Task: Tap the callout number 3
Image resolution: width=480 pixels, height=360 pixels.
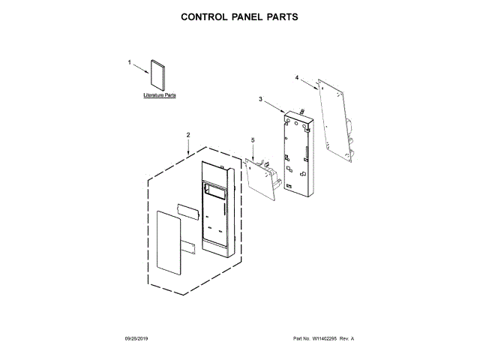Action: pyautogui.click(x=260, y=99)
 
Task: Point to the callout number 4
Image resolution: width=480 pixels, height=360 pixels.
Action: pyautogui.click(x=296, y=77)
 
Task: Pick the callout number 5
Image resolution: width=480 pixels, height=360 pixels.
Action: pyautogui.click(x=253, y=139)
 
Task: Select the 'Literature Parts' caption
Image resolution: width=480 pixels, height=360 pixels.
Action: pyautogui.click(x=159, y=97)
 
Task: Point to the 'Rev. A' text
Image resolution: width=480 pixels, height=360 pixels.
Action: pyautogui.click(x=346, y=339)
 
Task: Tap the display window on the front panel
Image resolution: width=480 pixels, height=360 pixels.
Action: pyautogui.click(x=217, y=193)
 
